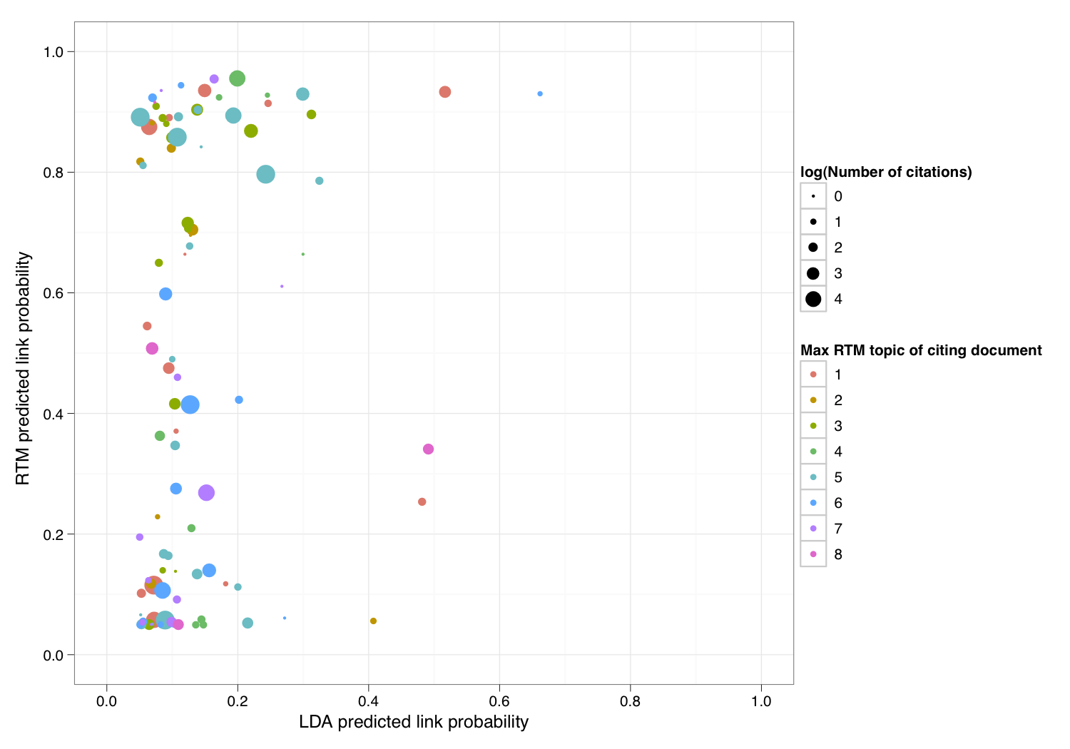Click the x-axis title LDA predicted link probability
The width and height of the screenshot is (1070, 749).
[x=414, y=722]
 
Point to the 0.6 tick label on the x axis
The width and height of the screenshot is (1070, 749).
[x=499, y=701]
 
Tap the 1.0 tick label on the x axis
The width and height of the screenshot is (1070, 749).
[x=761, y=701]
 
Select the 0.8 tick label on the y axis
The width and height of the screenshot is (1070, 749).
[x=53, y=173]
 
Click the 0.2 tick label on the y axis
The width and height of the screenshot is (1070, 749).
[x=53, y=534]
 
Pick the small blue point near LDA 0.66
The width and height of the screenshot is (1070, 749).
[x=540, y=94]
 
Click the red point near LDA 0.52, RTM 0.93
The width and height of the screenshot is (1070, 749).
[x=445, y=92]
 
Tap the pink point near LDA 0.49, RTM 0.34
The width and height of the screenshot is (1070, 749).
[x=428, y=449]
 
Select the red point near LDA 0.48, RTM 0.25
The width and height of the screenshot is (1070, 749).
[x=422, y=502]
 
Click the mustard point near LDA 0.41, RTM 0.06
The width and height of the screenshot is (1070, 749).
[x=373, y=621]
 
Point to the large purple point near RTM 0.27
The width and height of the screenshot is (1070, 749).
[x=206, y=493]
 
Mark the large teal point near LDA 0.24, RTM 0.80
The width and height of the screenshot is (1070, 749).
[x=265, y=175]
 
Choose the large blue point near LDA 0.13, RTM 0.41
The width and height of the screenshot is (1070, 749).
[x=190, y=405]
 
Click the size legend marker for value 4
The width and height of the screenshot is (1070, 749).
[x=813, y=299]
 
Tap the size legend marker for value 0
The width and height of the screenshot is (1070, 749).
[x=813, y=196]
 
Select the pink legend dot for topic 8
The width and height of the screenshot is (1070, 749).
[x=813, y=554]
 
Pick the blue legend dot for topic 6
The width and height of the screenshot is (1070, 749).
[x=813, y=503]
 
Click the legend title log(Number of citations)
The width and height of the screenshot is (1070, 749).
[x=886, y=172]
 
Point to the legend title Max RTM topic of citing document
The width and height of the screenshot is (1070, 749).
[x=921, y=350]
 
